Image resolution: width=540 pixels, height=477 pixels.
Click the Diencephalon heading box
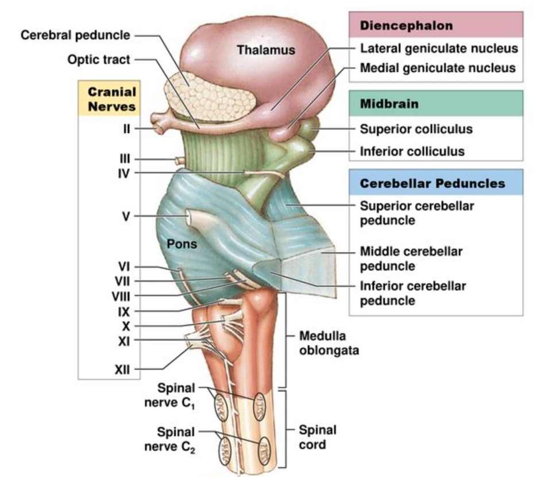pos(436,26)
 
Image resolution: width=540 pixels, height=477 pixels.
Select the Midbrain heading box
pos(436,104)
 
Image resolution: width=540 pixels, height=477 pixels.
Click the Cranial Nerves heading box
pos(111,99)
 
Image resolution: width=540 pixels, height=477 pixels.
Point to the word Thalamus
pos(266,51)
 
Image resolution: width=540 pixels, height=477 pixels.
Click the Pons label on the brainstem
pos(182,244)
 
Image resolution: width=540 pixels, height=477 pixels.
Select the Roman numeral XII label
pos(122,370)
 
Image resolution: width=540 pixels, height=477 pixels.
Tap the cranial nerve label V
pos(126,217)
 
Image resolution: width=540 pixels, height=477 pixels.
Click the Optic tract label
pos(99,59)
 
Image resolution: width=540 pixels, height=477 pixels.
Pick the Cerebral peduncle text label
pos(75,36)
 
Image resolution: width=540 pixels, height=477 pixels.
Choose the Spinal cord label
pos(318,437)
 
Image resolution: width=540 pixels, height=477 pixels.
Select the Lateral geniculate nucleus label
pos(439,49)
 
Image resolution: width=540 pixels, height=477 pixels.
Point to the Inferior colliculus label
pos(412,152)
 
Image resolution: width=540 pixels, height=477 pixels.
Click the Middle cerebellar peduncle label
pos(411,259)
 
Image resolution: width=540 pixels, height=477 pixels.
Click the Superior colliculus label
pos(416,129)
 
